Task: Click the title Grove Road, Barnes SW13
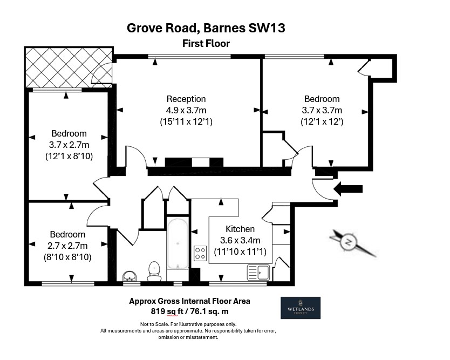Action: [x=206, y=27]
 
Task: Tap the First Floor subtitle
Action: [x=206, y=44]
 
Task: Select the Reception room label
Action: [x=186, y=99]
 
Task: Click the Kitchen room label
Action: [x=240, y=229]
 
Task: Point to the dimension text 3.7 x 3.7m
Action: [x=322, y=111]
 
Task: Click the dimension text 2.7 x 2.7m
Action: [x=67, y=246]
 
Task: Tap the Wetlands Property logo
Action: [x=301, y=308]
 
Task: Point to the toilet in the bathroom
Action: [x=154, y=270]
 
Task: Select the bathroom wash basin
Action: [x=129, y=276]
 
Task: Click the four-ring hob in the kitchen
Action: [x=200, y=253]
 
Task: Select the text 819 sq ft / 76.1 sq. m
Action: [x=189, y=311]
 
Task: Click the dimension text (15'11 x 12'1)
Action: [x=186, y=122]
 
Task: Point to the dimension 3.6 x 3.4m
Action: [x=240, y=240]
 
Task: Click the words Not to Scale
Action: [x=152, y=324]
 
